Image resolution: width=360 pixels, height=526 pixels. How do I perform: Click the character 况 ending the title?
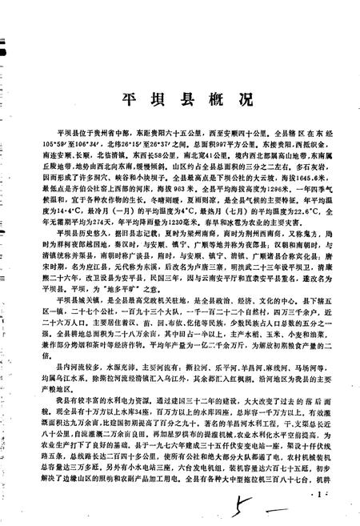click(246, 99)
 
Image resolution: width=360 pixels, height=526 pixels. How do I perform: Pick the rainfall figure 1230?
click(169, 225)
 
